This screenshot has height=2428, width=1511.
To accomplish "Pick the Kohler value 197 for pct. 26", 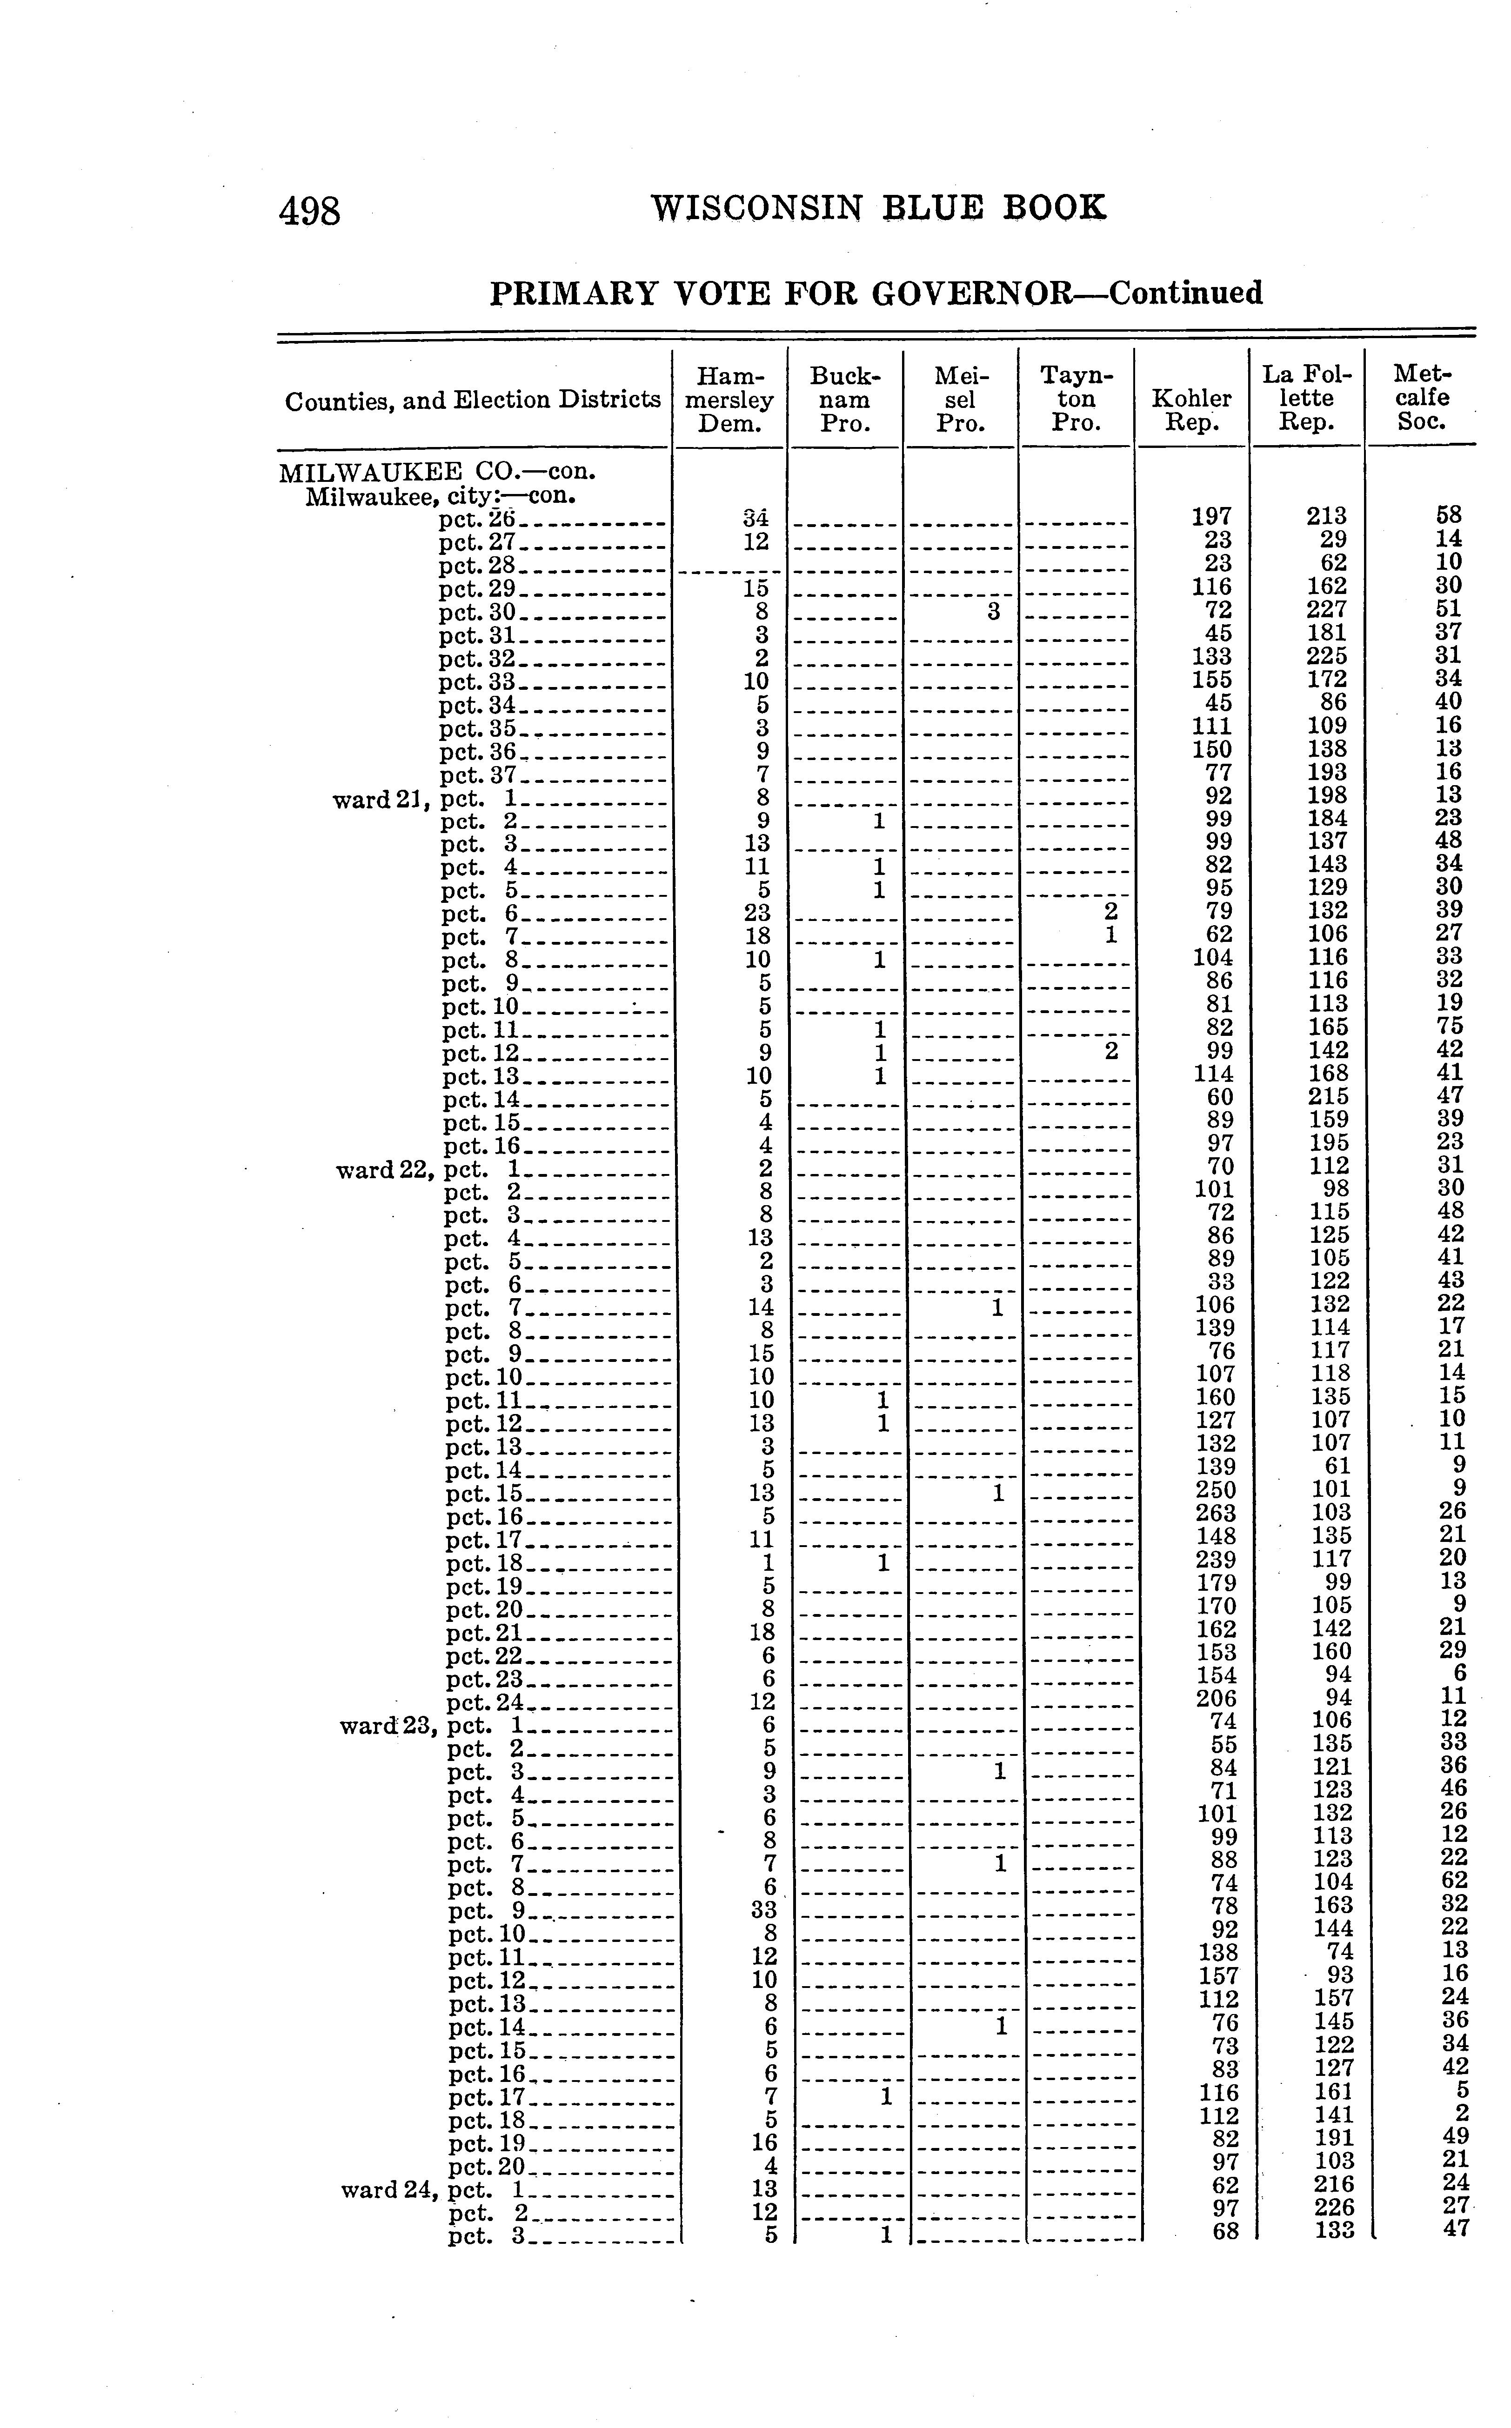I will coord(1212,517).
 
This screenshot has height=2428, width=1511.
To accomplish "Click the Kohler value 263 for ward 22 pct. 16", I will coord(1216,1514).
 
